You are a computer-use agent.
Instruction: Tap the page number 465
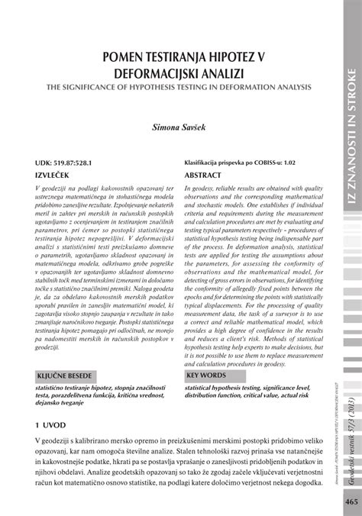tap(351, 501)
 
